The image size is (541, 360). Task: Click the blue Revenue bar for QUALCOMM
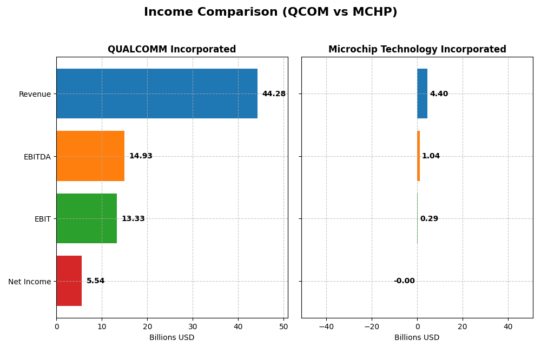pyautogui.click(x=157, y=94)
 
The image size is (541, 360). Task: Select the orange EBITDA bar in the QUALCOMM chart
pyautogui.click(x=90, y=156)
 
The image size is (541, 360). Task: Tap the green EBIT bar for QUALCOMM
pyautogui.click(x=87, y=218)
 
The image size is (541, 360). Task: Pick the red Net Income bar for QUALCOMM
pyautogui.click(x=69, y=281)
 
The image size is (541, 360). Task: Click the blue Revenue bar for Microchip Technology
pyautogui.click(x=422, y=94)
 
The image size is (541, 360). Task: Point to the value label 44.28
pyautogui.click(x=274, y=94)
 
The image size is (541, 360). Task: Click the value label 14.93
pyautogui.click(x=141, y=156)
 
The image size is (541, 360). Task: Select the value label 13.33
pyautogui.click(x=133, y=219)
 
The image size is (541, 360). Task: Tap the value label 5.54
pyautogui.click(x=96, y=281)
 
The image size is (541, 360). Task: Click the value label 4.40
pyautogui.click(x=439, y=94)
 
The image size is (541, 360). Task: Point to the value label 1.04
pyautogui.click(x=431, y=156)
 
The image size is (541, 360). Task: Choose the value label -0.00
pyautogui.click(x=404, y=281)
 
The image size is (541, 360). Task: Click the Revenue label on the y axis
pyautogui.click(x=35, y=94)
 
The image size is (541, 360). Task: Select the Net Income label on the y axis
pyautogui.click(x=29, y=282)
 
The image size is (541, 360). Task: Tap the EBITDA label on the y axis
pyautogui.click(x=37, y=157)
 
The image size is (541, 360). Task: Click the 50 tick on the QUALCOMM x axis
pyautogui.click(x=283, y=326)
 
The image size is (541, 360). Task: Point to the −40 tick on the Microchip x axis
pyautogui.click(x=326, y=326)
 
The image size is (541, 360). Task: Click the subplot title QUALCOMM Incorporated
pyautogui.click(x=172, y=50)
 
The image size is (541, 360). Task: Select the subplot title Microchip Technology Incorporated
pyautogui.click(x=417, y=50)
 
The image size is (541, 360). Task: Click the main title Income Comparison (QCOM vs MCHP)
pyautogui.click(x=270, y=12)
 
